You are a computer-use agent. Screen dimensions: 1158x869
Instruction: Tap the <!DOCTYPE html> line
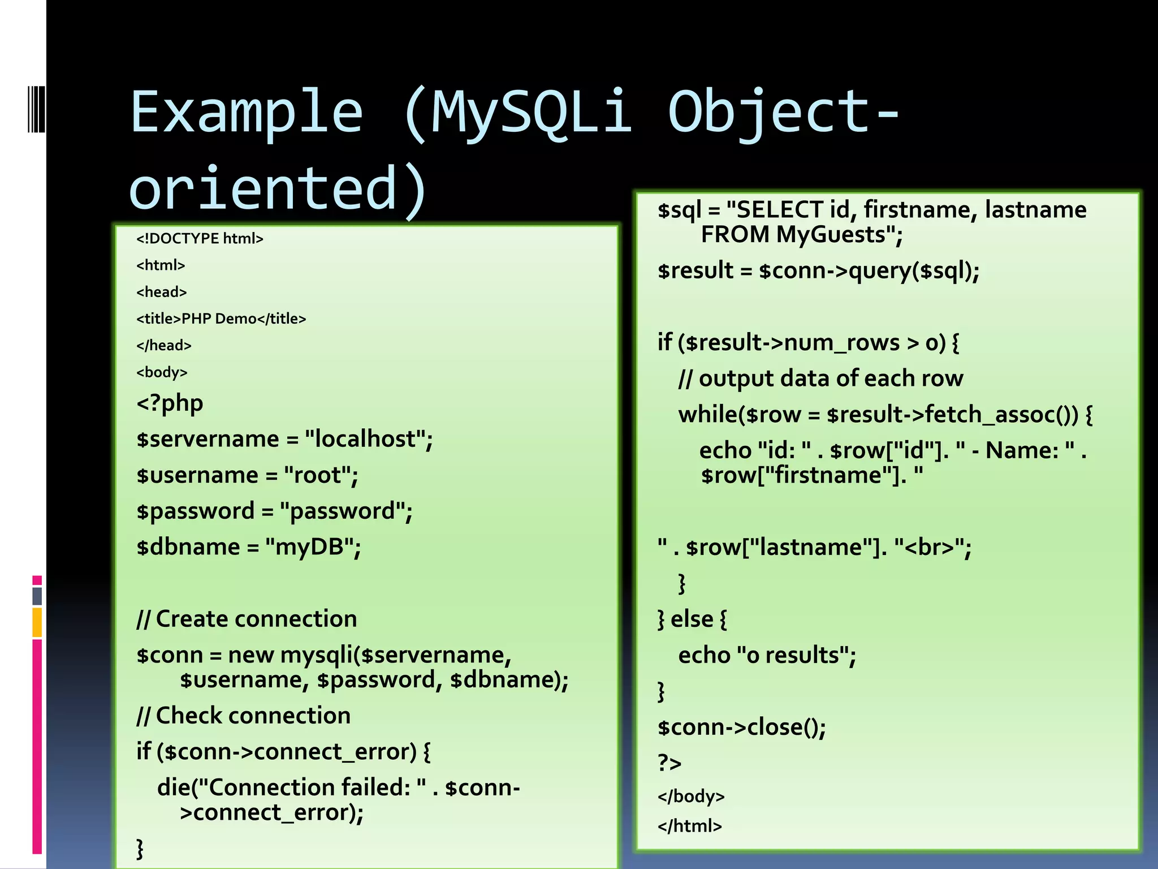pyautogui.click(x=200, y=239)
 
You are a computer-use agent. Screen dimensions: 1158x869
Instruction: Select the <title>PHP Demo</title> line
pyautogui.click(x=221, y=319)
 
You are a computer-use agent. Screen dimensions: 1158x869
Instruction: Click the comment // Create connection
pyautogui.click(x=247, y=620)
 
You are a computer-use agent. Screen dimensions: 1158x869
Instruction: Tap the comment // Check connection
pyautogui.click(x=243, y=716)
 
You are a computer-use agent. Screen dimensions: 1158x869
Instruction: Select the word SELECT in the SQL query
pyautogui.click(x=780, y=210)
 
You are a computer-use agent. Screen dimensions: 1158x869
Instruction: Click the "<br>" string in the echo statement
pyautogui.click(x=928, y=548)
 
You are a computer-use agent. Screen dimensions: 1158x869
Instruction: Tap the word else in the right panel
pyautogui.click(x=692, y=620)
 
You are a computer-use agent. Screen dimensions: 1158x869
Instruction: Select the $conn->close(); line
pyautogui.click(x=741, y=728)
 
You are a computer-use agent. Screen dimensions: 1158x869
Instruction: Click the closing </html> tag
pyautogui.click(x=689, y=827)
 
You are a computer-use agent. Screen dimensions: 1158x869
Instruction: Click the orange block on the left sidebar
pyautogui.click(x=37, y=622)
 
